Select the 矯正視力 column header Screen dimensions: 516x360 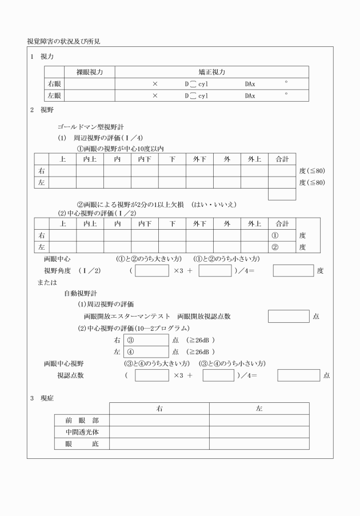(211, 72)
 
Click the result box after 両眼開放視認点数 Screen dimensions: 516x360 (289, 316)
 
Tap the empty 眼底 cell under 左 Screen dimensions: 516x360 (259, 443)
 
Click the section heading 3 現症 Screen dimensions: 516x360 (43, 398)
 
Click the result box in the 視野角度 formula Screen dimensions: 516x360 (293, 270)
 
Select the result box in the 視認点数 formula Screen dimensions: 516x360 (298, 375)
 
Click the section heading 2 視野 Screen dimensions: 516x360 (43, 109)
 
